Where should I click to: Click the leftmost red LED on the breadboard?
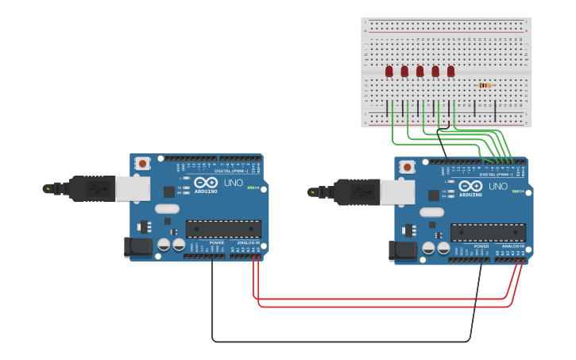[x=389, y=72]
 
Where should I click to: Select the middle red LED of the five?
[x=419, y=72]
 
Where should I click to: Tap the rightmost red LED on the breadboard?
[x=450, y=72]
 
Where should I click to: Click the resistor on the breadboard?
[x=485, y=85]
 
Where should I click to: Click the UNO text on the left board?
[x=234, y=183]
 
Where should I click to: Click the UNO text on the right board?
[x=498, y=187]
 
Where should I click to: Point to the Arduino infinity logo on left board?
[x=205, y=183]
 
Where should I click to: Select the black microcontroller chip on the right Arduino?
[x=488, y=233]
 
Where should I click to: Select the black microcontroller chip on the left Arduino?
[x=223, y=229]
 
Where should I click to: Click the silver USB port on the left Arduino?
[x=133, y=188]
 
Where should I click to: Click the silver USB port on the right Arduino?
[x=397, y=192]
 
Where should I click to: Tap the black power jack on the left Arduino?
[x=138, y=247]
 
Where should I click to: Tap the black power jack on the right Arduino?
[x=403, y=251]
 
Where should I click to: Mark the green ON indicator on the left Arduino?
[x=252, y=188]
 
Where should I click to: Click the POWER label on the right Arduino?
[x=481, y=246]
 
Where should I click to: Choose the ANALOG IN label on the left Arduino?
[x=247, y=242]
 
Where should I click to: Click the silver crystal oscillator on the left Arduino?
[x=168, y=209]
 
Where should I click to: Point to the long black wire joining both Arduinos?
[x=342, y=342]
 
